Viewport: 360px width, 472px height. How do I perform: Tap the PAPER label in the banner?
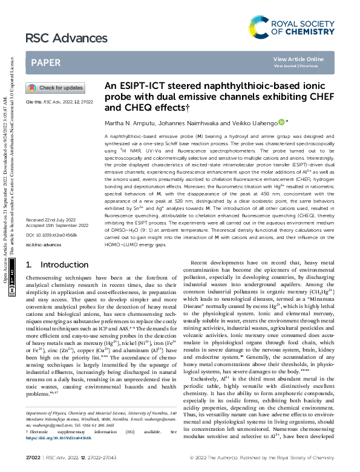pyautogui.click(x=45, y=62)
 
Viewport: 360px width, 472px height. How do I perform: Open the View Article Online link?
pyautogui.click(x=298, y=59)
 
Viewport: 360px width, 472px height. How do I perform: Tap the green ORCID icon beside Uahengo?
pyautogui.click(x=281, y=122)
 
